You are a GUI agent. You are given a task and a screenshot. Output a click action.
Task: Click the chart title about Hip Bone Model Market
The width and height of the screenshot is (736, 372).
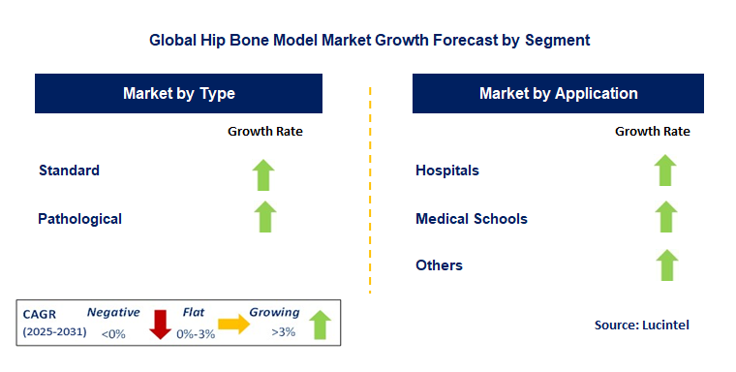(369, 42)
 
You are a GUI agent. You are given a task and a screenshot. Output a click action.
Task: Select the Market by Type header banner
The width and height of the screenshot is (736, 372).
(179, 94)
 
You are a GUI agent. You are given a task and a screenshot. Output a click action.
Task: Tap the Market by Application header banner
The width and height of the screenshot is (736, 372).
(558, 94)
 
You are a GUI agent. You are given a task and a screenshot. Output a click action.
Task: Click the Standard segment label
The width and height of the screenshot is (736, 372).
(69, 170)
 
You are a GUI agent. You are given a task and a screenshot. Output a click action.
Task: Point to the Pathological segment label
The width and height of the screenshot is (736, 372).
(80, 219)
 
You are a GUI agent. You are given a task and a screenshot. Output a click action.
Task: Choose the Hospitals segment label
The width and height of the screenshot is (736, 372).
(447, 170)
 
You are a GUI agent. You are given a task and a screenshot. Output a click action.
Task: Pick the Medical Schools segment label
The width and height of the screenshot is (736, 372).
(472, 219)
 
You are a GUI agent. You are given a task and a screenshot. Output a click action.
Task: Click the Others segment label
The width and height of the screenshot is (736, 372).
(439, 265)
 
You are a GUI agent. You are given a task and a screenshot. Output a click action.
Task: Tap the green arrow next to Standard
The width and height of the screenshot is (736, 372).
(264, 174)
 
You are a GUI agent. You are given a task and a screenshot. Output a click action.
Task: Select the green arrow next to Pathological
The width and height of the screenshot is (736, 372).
(264, 216)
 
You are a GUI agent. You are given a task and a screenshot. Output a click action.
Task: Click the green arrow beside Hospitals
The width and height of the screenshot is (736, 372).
(664, 170)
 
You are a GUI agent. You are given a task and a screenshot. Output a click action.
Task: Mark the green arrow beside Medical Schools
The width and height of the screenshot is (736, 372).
(664, 216)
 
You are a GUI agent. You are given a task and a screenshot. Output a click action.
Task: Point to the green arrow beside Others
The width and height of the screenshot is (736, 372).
(664, 263)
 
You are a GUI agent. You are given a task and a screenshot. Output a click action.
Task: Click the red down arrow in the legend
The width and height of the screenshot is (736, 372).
(161, 325)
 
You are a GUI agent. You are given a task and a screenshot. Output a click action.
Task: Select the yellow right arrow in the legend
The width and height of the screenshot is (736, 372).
(233, 325)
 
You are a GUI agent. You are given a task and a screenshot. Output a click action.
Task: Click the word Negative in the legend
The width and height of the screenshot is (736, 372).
(113, 313)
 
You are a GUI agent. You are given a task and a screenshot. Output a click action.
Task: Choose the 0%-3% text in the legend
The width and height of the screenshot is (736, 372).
(197, 334)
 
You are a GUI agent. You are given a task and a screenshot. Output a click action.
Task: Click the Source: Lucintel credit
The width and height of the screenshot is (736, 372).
(640, 326)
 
